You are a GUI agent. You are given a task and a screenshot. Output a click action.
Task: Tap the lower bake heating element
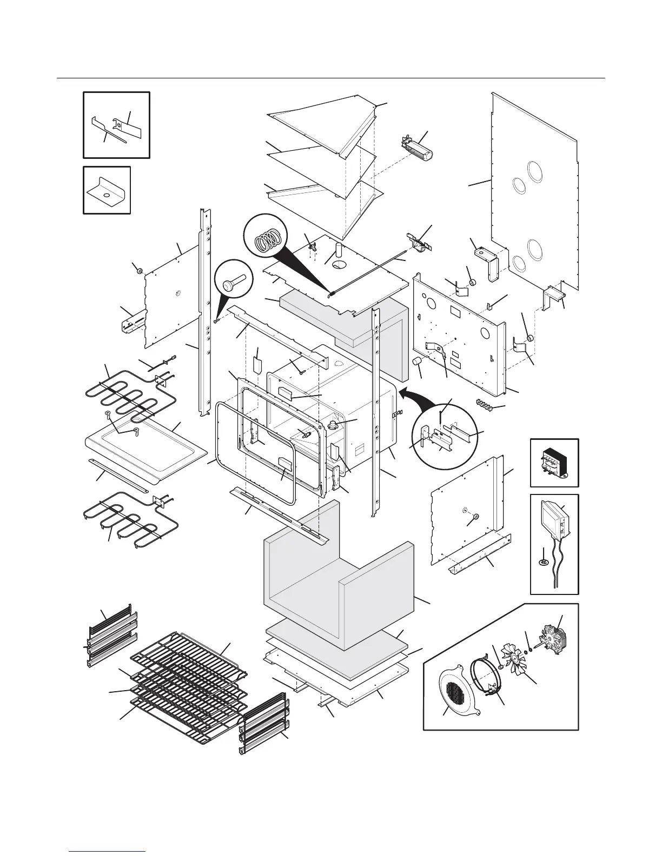click(x=130, y=519)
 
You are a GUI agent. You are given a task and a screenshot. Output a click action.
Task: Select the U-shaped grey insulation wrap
click(x=338, y=584)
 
